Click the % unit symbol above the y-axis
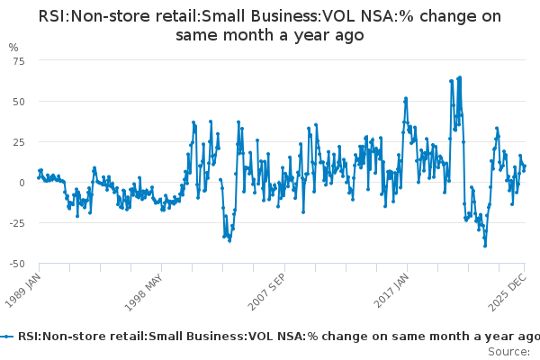point(13,47)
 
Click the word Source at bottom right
point(508,351)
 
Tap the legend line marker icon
point(7,337)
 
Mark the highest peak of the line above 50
point(460,77)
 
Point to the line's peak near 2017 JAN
point(406,98)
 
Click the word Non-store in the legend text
point(75,337)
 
